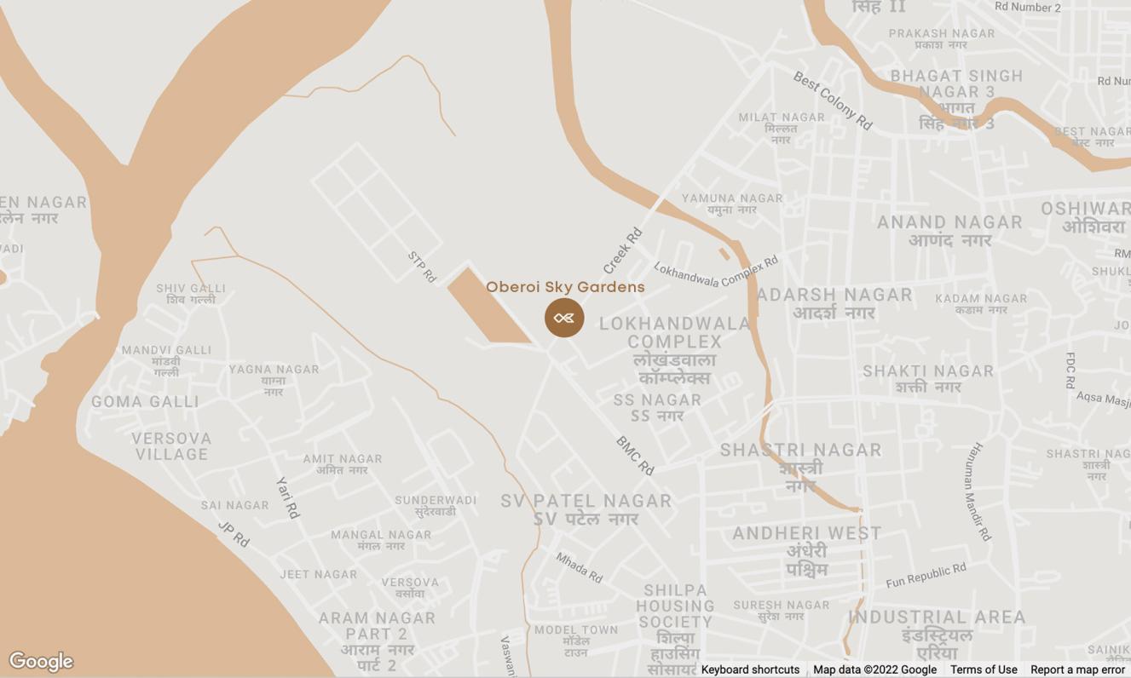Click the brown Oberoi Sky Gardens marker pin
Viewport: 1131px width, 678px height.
564,318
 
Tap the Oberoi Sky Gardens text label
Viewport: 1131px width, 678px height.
565,287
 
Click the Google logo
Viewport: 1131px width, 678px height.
41,661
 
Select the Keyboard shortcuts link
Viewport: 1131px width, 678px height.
750,669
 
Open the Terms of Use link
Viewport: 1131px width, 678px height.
984,669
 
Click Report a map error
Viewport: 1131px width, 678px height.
1077,669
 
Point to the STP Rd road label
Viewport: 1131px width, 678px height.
422,267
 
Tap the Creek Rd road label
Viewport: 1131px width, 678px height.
622,250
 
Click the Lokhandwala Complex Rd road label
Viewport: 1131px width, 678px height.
716,272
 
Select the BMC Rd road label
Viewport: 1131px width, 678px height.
635,456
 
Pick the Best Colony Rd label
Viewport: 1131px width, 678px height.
833,101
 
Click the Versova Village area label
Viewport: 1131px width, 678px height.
171,446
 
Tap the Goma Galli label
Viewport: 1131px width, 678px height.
145,401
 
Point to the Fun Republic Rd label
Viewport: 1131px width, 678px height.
926,576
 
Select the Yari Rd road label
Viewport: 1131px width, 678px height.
288,497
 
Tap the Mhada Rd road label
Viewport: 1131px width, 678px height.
579,567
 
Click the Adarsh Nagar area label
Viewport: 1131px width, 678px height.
834,303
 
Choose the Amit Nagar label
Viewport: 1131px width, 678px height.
343,464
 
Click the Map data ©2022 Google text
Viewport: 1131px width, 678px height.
874,669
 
